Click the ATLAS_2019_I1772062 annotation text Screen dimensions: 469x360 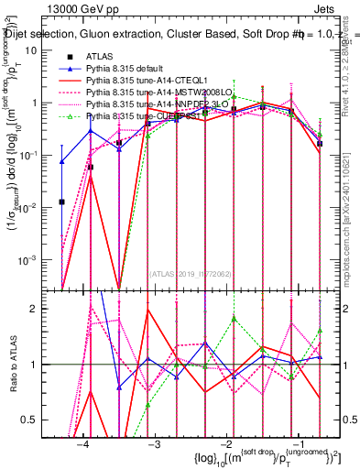(191, 272)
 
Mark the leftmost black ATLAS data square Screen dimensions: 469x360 (61, 202)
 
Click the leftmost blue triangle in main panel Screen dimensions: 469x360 (61, 162)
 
